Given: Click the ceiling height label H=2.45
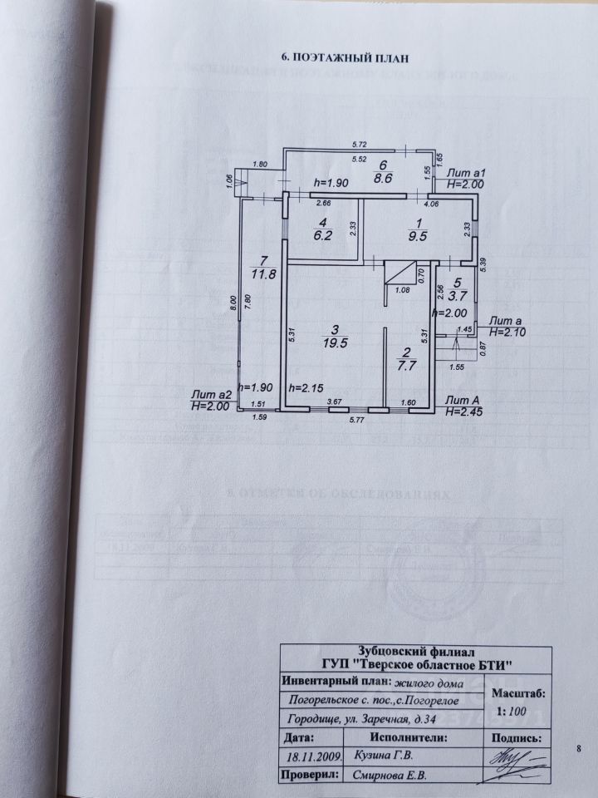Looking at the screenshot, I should tap(463, 411).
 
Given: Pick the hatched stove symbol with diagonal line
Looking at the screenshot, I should tap(399, 273).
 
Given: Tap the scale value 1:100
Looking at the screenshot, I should tap(512, 712).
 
